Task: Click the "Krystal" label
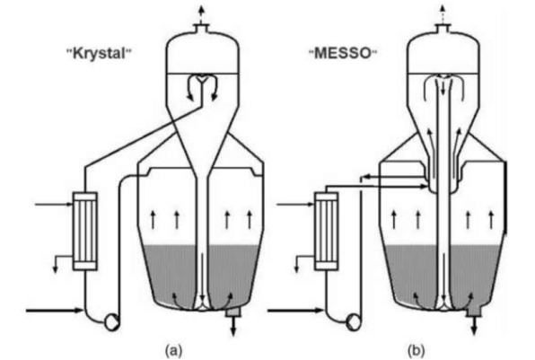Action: click(x=99, y=53)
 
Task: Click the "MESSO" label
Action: click(x=343, y=53)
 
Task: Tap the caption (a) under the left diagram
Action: click(x=173, y=350)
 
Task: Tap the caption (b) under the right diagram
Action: click(x=417, y=350)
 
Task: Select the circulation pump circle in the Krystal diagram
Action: click(x=112, y=322)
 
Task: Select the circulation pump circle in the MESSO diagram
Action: click(x=353, y=322)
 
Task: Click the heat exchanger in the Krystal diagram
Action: click(x=84, y=232)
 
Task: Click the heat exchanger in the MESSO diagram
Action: click(x=326, y=232)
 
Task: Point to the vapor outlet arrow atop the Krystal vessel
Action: click(x=201, y=14)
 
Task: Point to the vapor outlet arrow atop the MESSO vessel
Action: click(x=443, y=14)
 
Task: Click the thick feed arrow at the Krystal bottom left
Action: click(x=55, y=311)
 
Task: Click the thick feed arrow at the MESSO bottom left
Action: click(x=295, y=311)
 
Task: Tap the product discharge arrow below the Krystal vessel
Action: click(x=233, y=326)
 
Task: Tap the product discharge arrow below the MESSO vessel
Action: click(x=474, y=326)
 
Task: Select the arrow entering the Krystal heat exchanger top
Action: click(x=54, y=205)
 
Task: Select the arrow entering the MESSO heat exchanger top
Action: click(x=295, y=205)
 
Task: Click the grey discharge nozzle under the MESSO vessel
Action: click(x=474, y=310)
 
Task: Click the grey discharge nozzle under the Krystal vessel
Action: click(x=233, y=312)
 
